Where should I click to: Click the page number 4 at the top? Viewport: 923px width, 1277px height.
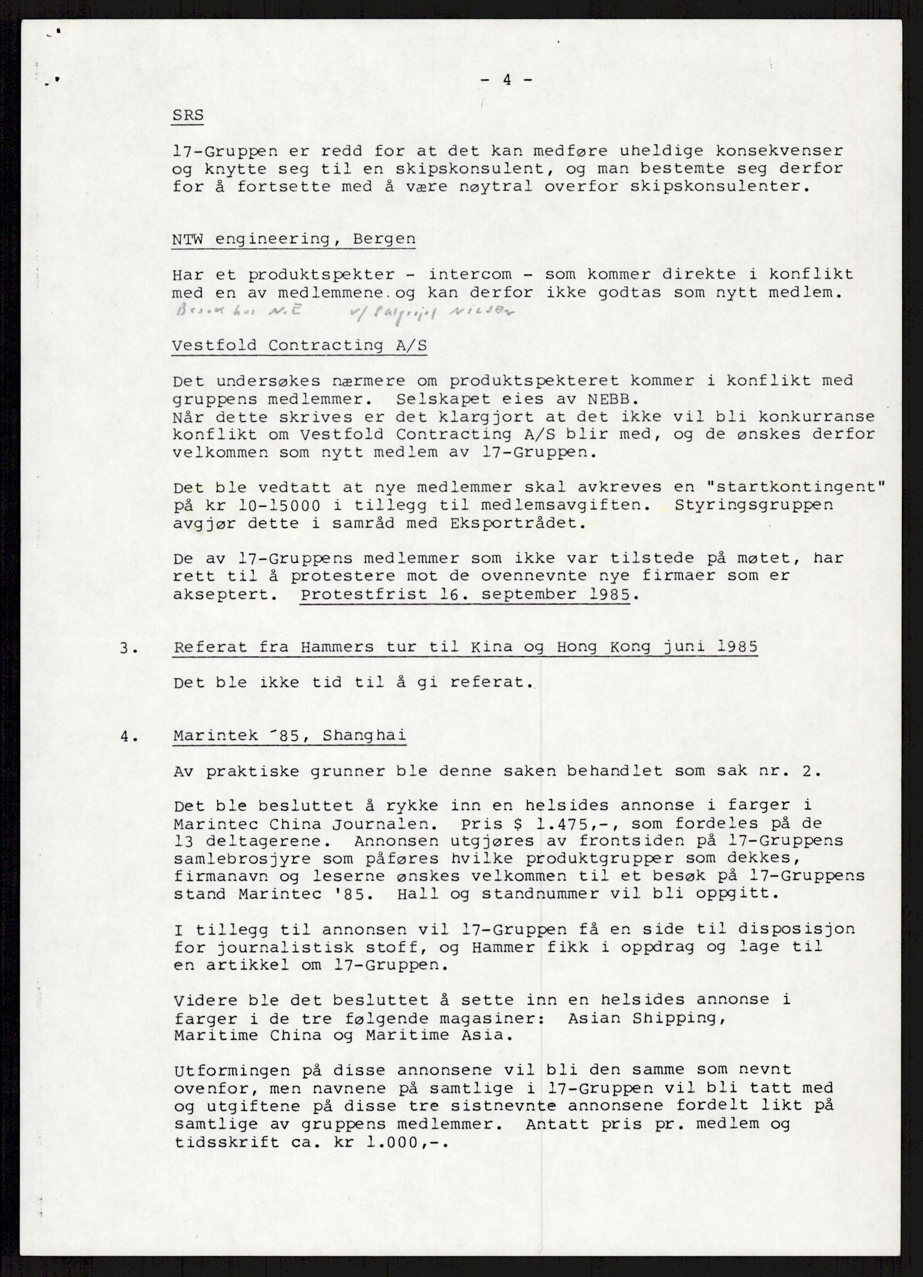[x=507, y=80]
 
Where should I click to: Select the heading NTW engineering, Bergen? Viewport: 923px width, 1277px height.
[x=294, y=239]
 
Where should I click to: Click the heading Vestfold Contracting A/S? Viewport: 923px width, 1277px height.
[x=300, y=345]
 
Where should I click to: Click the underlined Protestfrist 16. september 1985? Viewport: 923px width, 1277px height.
[x=465, y=595]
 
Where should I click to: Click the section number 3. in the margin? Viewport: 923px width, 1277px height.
[x=128, y=647]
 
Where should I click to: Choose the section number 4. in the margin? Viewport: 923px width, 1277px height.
[x=128, y=736]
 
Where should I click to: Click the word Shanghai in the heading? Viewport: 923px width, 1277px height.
[x=365, y=736]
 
